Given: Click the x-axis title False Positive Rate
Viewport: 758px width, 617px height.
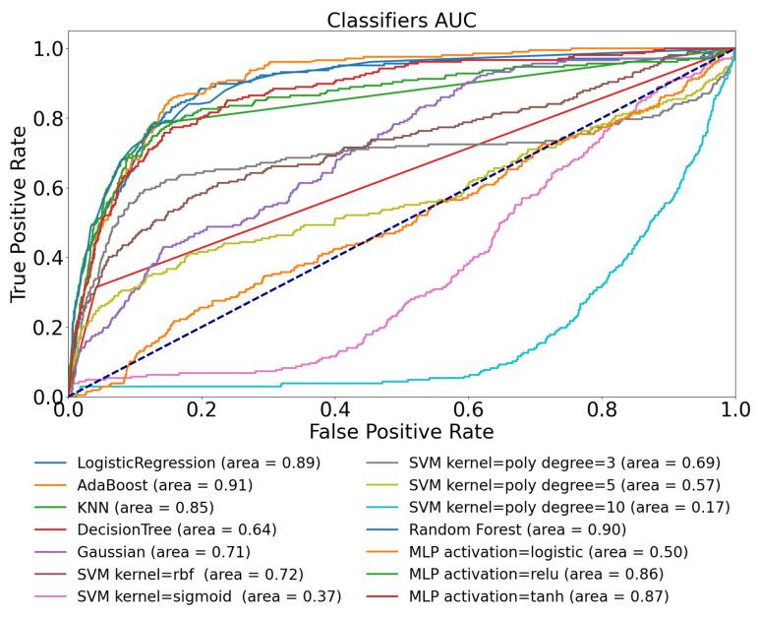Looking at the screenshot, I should coord(401,430).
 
